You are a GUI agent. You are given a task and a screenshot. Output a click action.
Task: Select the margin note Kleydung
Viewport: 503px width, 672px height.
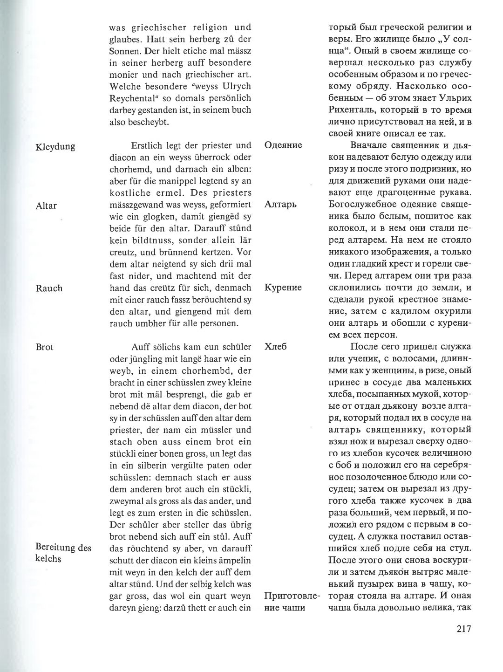pos(55,146)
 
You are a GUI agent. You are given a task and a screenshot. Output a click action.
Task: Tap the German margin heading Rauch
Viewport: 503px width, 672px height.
pos(49,288)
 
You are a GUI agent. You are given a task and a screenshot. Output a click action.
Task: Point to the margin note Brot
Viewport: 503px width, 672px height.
pos(44,347)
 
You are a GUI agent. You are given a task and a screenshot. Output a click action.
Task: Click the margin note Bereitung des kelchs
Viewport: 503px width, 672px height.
pos(63,553)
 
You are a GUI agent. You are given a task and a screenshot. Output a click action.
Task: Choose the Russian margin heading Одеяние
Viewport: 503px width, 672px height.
pos(283,145)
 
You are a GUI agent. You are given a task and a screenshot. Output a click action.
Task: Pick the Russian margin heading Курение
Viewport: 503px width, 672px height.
pos(283,287)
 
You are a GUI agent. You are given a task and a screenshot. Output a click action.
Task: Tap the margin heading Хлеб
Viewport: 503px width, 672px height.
pos(275,347)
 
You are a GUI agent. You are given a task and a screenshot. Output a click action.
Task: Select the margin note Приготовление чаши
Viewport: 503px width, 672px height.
pos(292,601)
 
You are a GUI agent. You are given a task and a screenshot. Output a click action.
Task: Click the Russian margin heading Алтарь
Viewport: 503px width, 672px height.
pos(280,204)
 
